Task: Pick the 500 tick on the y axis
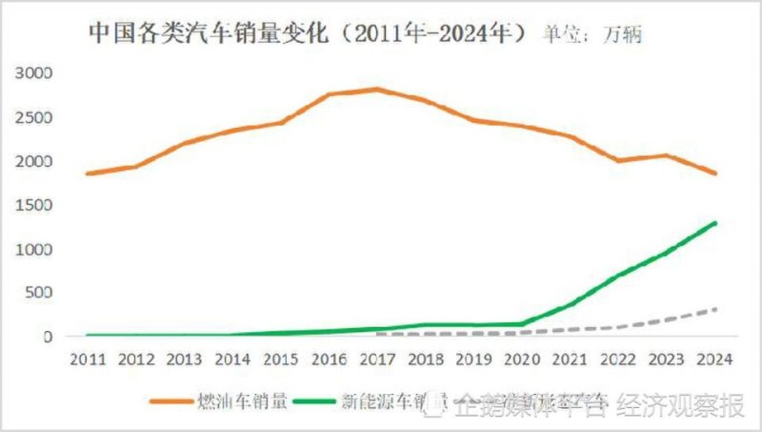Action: pyautogui.click(x=44, y=293)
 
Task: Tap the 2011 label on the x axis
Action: pyautogui.click(x=88, y=360)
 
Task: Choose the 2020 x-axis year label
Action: pyautogui.click(x=521, y=360)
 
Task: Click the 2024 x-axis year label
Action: pyautogui.click(x=713, y=360)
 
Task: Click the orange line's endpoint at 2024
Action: pyautogui.click(x=714, y=174)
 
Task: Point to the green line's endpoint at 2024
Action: pyautogui.click(x=714, y=223)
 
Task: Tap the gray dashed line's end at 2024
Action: pyautogui.click(x=714, y=309)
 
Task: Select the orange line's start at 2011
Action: pyautogui.click(x=88, y=174)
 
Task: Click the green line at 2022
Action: pyautogui.click(x=618, y=277)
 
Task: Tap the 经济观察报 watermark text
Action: pyautogui.click(x=680, y=407)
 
